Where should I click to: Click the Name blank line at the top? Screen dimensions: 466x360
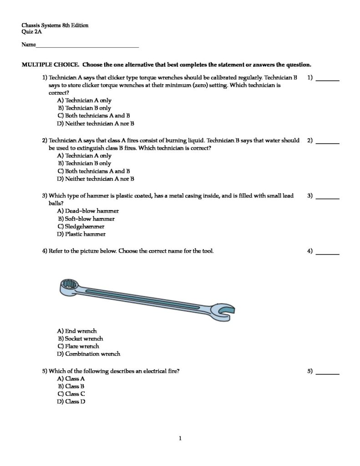tap(87, 46)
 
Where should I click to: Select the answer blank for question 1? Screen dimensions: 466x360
tap(328, 80)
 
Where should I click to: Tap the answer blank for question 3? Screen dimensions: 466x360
tap(328, 198)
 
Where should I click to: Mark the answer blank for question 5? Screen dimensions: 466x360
tap(328, 374)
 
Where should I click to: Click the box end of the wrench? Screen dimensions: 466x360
tap(70, 286)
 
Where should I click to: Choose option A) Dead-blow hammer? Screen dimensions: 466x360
tap(88, 211)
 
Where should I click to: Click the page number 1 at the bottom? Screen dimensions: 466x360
tap(180, 439)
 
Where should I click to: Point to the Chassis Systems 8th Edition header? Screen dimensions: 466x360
tap(55, 25)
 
